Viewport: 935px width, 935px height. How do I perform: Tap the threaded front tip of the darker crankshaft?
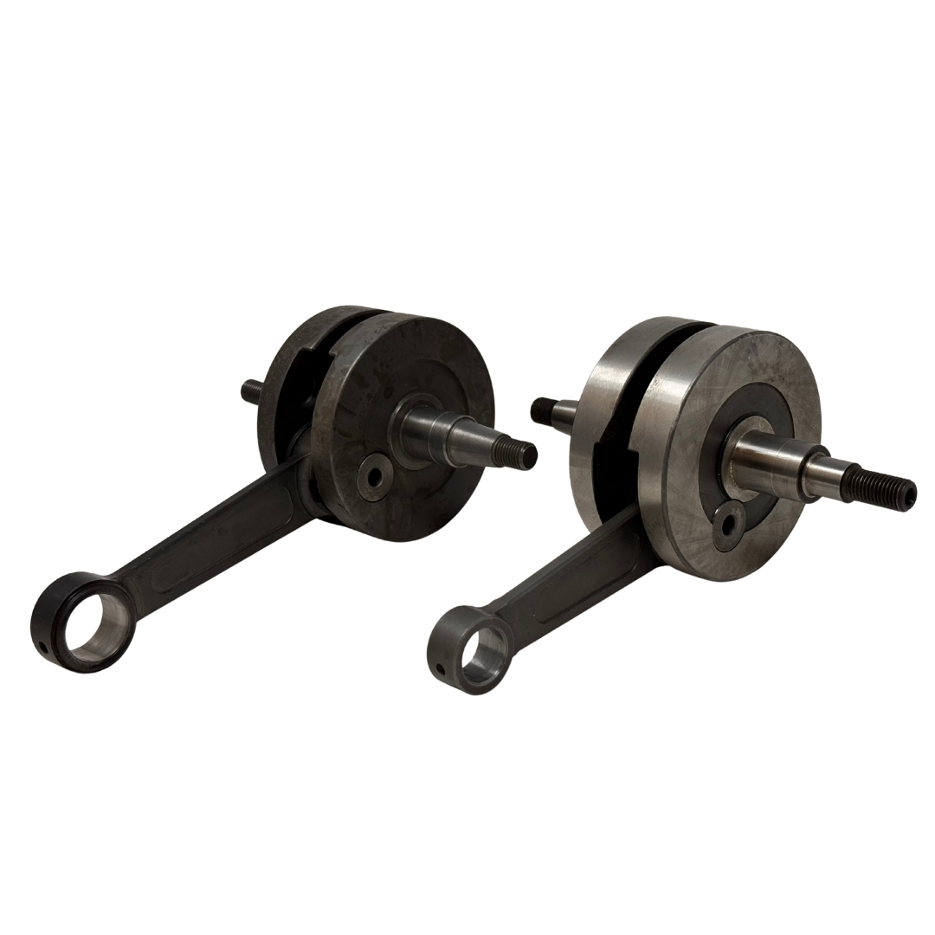521,452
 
